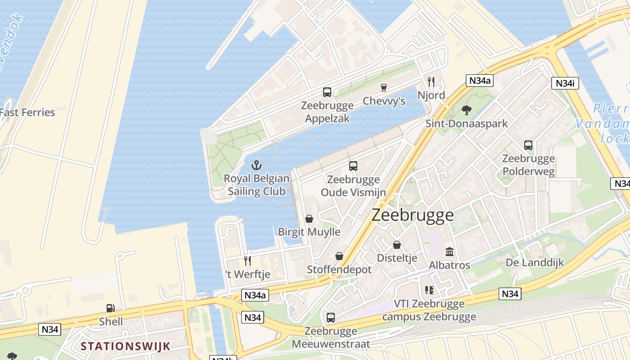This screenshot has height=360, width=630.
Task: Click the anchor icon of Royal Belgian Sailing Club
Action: (256, 165)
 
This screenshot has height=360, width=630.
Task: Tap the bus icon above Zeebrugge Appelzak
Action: (327, 92)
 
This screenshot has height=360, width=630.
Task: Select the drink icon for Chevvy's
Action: (384, 88)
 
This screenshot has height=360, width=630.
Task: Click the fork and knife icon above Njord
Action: (431, 81)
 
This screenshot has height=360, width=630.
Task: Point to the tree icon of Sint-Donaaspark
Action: (467, 110)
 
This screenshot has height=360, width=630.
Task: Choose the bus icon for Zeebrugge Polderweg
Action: (528, 145)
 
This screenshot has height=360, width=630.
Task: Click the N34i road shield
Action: (565, 83)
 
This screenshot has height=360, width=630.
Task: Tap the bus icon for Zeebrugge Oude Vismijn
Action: (353, 166)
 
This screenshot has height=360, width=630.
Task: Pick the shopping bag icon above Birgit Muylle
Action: (309, 219)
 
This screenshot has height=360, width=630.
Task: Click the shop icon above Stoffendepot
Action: (339, 256)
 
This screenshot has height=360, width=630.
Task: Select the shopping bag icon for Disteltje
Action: (397, 245)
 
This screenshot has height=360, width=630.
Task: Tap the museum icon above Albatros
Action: (450, 252)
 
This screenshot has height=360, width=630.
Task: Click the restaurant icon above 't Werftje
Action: (247, 261)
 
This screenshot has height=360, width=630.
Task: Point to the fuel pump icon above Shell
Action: (111, 308)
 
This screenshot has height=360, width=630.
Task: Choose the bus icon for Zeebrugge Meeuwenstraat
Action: (331, 317)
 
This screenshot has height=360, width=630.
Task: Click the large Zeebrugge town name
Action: (413, 215)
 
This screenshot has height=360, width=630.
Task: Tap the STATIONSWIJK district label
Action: (126, 346)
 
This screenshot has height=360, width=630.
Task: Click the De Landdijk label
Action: (535, 262)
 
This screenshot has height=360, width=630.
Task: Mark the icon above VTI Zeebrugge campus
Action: (429, 290)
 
